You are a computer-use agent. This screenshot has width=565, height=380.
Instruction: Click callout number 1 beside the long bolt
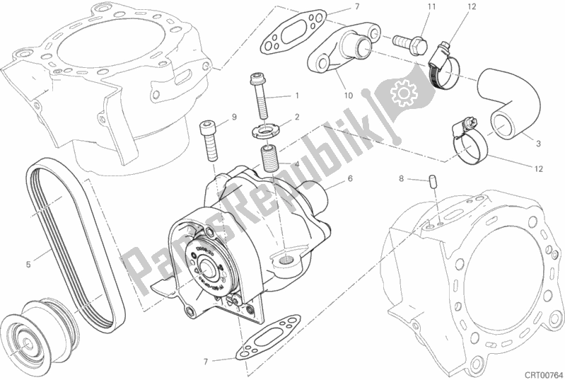coord(298,96)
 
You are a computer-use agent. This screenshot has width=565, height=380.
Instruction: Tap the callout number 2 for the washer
coord(298,117)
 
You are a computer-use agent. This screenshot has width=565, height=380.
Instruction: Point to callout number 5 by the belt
coord(28,265)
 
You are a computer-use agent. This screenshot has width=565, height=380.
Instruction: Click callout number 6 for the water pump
coord(349,179)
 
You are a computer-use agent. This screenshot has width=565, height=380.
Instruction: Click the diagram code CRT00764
coord(540,372)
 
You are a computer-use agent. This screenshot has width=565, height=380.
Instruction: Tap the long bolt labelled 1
coord(260,96)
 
